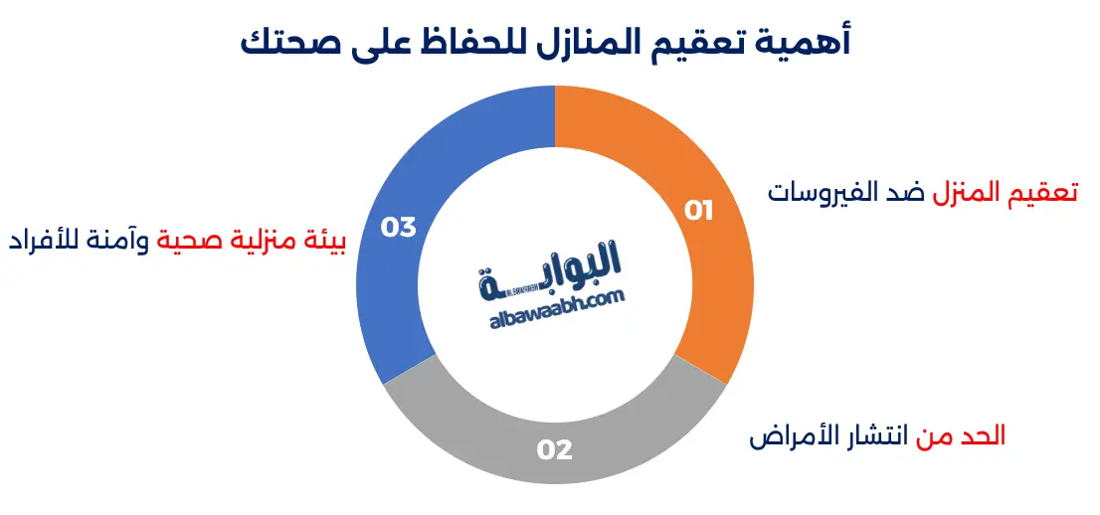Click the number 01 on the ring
(x=699, y=211)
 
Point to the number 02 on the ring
(x=555, y=450)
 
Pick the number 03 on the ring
(x=398, y=228)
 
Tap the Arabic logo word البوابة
(x=557, y=266)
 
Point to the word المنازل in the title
(x=591, y=43)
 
